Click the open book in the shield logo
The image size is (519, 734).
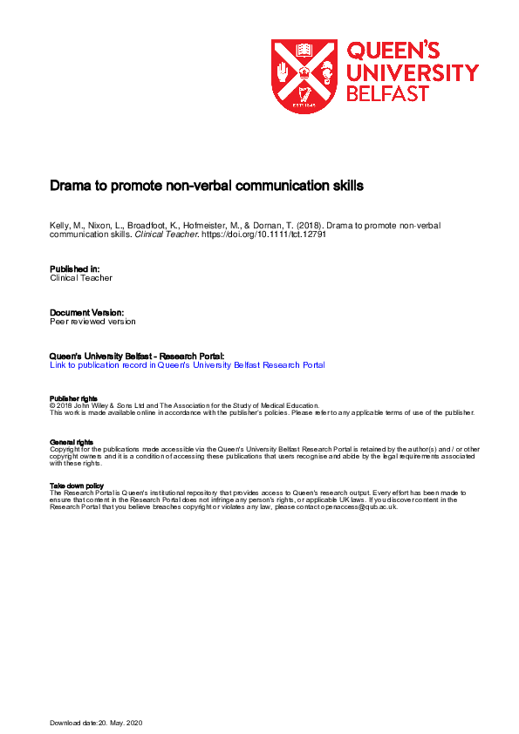tap(304, 50)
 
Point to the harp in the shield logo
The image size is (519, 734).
tap(304, 93)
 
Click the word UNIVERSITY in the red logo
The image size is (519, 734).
tap(413, 72)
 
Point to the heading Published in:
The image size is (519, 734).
tap(75, 268)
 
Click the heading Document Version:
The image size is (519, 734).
tap(87, 312)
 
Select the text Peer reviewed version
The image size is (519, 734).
tap(93, 321)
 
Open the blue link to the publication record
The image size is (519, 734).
tap(188, 365)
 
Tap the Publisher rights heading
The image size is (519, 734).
tap(73, 398)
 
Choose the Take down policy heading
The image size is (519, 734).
tap(77, 485)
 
